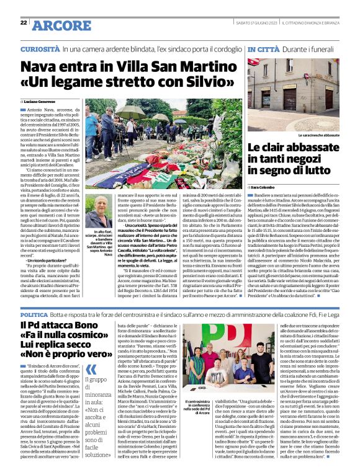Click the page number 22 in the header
coord(23,23)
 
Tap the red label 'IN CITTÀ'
coord(262,48)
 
